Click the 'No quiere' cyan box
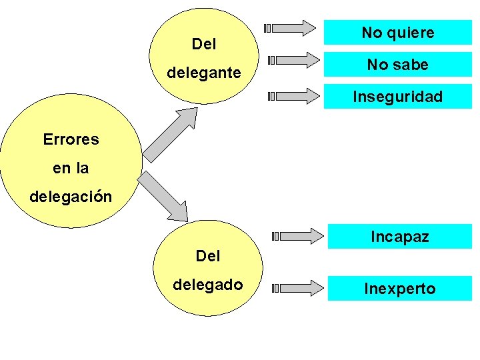tap(398, 33)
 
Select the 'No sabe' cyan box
tap(398, 65)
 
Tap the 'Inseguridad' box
tap(398, 97)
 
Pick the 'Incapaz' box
tap(400, 237)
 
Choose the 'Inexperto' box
tap(400, 289)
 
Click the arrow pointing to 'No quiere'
tap(291, 28)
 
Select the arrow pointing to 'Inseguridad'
tap(294, 96)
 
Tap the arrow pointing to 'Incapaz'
tap(298, 235)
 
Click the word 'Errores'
tap(71, 139)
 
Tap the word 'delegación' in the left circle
tap(71, 197)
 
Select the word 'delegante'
tap(204, 73)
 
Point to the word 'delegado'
tap(208, 285)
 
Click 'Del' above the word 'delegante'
tap(204, 45)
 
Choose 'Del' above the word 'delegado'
tap(208, 255)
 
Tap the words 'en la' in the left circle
tap(71, 169)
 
